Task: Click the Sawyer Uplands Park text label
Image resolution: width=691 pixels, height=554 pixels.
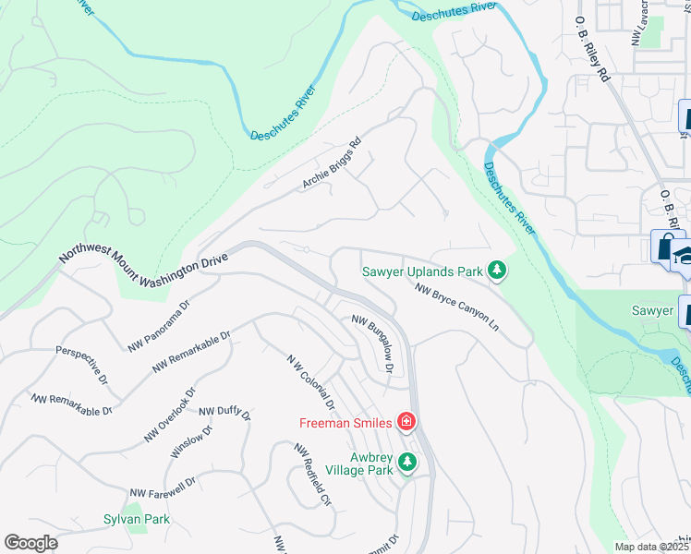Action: click(x=422, y=271)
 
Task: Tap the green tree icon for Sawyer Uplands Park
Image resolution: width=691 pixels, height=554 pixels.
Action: click(x=498, y=270)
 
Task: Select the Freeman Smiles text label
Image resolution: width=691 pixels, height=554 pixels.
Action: click(x=345, y=424)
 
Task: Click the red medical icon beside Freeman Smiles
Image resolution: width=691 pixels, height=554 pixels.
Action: click(x=405, y=423)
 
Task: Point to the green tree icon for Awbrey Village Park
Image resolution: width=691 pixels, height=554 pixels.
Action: click(x=406, y=464)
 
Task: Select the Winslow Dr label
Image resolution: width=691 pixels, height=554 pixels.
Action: click(x=191, y=441)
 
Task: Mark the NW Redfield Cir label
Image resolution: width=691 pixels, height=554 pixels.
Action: click(x=312, y=475)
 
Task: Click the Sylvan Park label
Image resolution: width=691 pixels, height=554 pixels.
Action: click(x=136, y=520)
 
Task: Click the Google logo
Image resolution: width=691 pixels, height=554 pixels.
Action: click(x=30, y=542)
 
